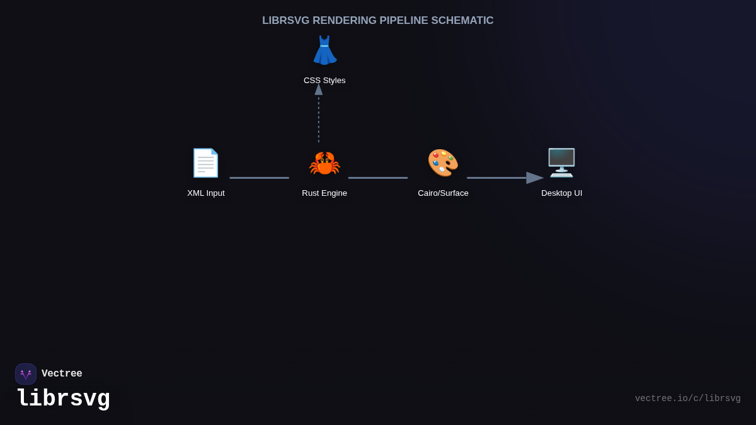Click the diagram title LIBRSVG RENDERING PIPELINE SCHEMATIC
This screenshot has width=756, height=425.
pos(377,21)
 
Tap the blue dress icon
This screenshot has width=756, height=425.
pos(324,50)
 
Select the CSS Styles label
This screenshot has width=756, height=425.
pos(324,81)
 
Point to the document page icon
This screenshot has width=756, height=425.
pos(205,163)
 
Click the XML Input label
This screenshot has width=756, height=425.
pos(206,193)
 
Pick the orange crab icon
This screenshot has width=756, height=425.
pos(324,164)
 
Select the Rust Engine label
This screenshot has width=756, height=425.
pos(324,193)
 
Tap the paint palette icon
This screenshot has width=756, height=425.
pos(443,163)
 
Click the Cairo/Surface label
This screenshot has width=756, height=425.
pos(443,193)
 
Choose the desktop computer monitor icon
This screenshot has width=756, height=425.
pos(561,163)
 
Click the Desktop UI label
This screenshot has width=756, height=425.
pos(561,193)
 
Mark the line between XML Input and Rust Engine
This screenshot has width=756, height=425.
pos(259,178)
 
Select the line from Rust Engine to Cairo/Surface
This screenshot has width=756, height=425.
pos(378,178)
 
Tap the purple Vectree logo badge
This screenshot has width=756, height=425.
pos(26,374)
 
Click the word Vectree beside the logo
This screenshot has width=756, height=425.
pos(62,374)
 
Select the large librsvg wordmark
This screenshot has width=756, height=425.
pos(63,399)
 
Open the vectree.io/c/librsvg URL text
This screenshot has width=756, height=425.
pos(687,399)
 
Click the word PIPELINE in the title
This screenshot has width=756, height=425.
pos(403,21)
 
